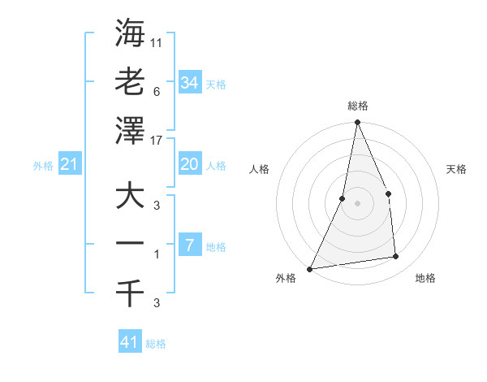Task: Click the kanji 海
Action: click(130, 33)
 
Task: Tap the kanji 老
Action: click(130, 82)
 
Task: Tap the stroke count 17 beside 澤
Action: click(157, 140)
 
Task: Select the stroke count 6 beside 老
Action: click(156, 91)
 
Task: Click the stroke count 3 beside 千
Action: click(156, 304)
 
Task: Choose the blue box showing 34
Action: click(189, 82)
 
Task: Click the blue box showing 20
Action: click(189, 164)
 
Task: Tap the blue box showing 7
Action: click(189, 245)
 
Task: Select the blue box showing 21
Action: click(70, 165)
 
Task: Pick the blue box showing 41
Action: click(130, 342)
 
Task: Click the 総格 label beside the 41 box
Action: click(156, 344)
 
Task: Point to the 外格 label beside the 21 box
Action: click(43, 166)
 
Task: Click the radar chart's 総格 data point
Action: click(357, 123)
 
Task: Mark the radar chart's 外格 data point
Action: click(310, 268)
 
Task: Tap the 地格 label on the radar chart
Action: click(425, 279)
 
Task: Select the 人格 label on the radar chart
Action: click(259, 170)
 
